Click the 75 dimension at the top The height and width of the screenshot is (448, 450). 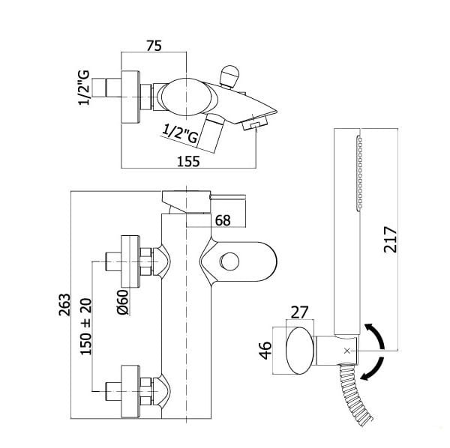(154, 46)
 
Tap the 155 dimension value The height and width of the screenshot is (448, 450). (188, 161)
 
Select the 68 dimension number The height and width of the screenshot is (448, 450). (223, 220)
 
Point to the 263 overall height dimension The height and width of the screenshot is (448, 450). (64, 305)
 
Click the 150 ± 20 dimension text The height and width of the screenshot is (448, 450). (85, 327)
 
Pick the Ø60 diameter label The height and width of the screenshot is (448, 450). (123, 302)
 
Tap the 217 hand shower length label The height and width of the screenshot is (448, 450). (390, 240)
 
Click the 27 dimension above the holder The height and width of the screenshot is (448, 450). (299, 312)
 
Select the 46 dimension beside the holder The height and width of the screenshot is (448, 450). (265, 351)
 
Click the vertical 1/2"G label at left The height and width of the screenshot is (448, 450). (84, 88)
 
